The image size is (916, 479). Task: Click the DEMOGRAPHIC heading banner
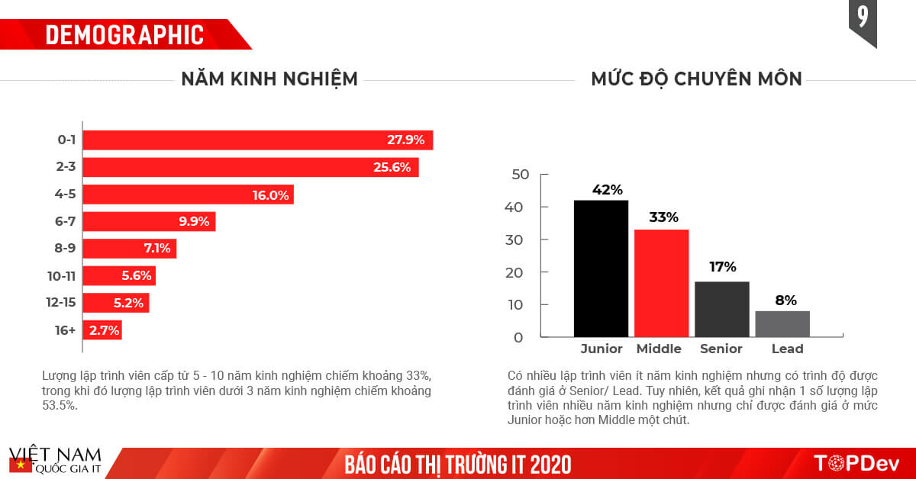click(x=124, y=34)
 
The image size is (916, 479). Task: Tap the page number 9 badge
click(x=863, y=18)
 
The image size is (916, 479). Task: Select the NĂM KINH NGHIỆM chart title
click(x=269, y=79)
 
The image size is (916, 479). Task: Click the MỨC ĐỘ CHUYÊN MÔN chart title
click(x=696, y=79)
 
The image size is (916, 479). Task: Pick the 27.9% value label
click(x=405, y=140)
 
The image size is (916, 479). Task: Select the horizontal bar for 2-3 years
click(x=250, y=168)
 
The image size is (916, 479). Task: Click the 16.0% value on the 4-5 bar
click(x=271, y=195)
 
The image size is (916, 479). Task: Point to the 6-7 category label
click(x=65, y=222)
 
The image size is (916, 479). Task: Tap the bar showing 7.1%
click(x=130, y=249)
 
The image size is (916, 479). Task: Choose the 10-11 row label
click(x=60, y=275)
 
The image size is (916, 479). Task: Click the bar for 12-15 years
click(x=116, y=303)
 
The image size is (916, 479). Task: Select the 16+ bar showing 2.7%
click(x=102, y=330)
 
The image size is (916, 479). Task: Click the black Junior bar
click(x=601, y=268)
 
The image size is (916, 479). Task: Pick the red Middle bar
click(x=661, y=283)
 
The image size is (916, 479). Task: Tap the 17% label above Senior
click(x=721, y=267)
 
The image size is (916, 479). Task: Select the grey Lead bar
click(x=782, y=324)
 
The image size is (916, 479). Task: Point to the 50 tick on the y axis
click(x=521, y=175)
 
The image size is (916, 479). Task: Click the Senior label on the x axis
click(x=721, y=349)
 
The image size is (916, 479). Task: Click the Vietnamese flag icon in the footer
click(x=18, y=465)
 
